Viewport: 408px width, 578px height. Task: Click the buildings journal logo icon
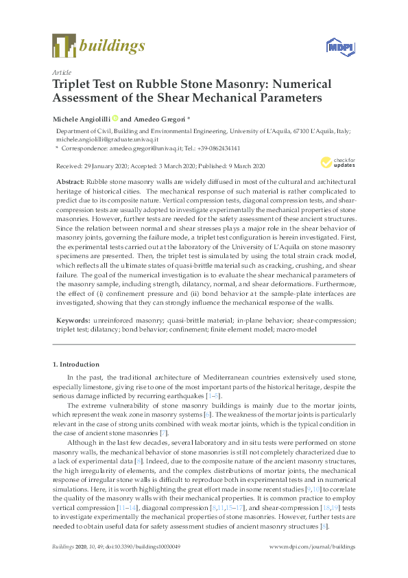point(63,46)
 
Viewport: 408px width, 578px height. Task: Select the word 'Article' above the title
point(61,72)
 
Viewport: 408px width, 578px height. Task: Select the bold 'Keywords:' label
point(72,320)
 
